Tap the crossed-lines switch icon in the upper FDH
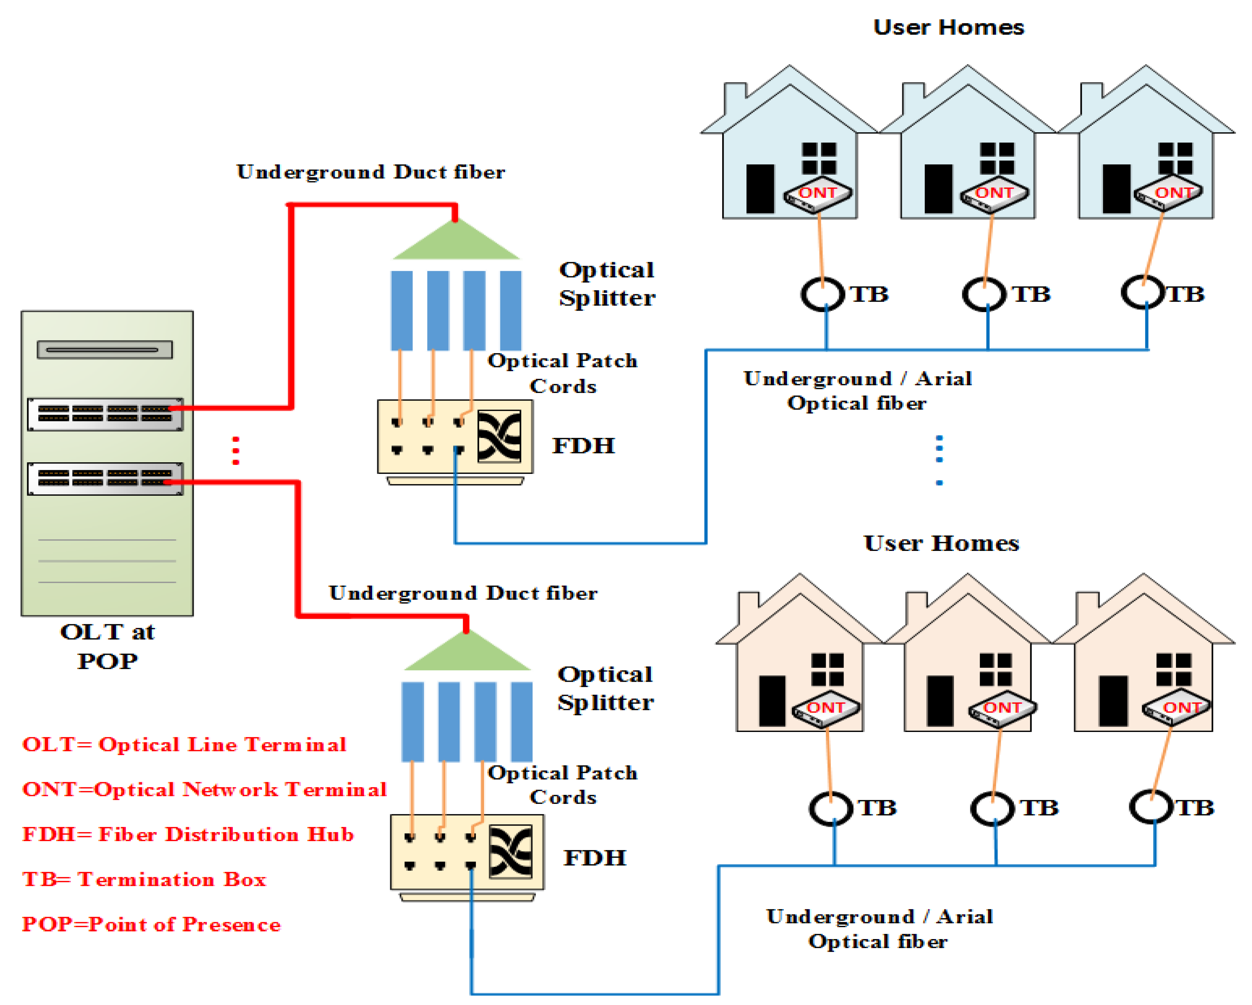[499, 437]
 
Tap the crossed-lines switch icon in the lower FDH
[511, 851]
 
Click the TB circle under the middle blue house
[984, 294]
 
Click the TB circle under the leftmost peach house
[831, 808]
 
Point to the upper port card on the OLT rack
[105, 414]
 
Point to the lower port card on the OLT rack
[105, 478]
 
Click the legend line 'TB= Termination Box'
[144, 879]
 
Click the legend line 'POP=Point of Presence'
[151, 924]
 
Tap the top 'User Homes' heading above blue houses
[948, 27]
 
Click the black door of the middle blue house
[938, 189]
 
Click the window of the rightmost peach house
[1174, 669]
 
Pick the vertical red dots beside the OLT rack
[236, 451]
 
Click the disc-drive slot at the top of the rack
[105, 349]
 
